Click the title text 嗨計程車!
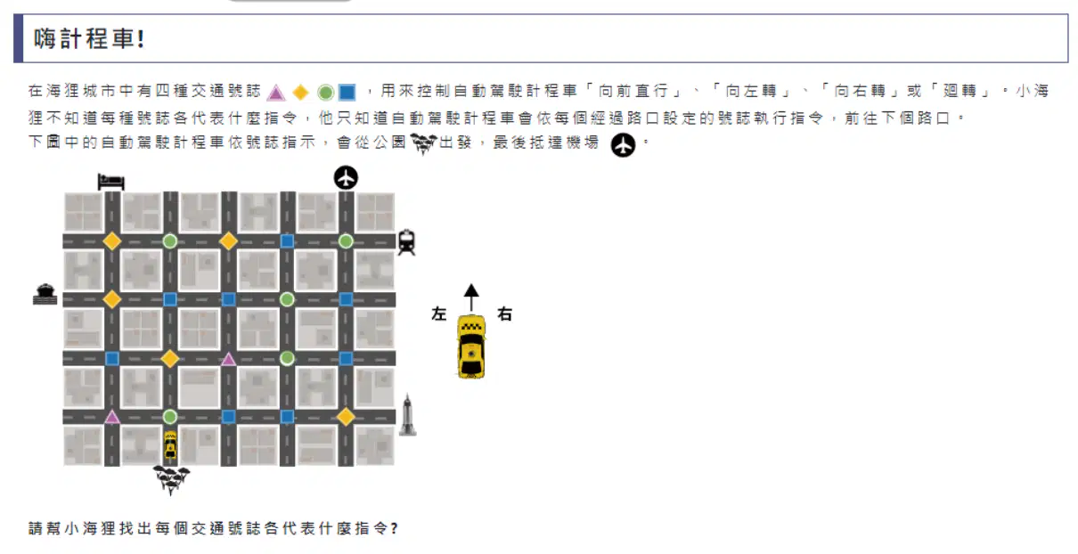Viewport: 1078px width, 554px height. pyautogui.click(x=89, y=38)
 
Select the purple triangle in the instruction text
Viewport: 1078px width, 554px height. pyautogui.click(x=276, y=93)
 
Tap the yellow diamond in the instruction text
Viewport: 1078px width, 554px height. pyautogui.click(x=301, y=92)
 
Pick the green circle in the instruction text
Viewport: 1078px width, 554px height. pyautogui.click(x=325, y=93)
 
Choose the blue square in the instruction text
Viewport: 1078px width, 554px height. pyautogui.click(x=347, y=92)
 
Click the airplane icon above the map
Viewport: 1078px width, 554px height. pyautogui.click(x=346, y=177)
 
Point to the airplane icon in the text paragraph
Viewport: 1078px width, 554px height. pyautogui.click(x=624, y=144)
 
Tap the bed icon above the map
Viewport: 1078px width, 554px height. pyautogui.click(x=111, y=182)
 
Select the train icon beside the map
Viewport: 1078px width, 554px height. pyautogui.click(x=406, y=241)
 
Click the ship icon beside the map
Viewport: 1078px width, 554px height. pyautogui.click(x=45, y=294)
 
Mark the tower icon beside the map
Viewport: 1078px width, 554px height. pyautogui.click(x=408, y=415)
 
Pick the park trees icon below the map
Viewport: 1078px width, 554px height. pyautogui.click(x=171, y=479)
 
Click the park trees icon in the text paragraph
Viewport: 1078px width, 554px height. pyautogui.click(x=423, y=143)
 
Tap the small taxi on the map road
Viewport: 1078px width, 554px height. pyautogui.click(x=170, y=444)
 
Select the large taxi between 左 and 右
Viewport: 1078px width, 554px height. pyautogui.click(x=471, y=346)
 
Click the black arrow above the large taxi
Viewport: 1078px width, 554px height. pyautogui.click(x=471, y=297)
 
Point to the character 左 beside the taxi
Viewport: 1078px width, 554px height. pyautogui.click(x=439, y=314)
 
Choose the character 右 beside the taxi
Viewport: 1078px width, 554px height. pyautogui.click(x=504, y=314)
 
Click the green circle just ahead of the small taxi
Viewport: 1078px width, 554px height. pyautogui.click(x=170, y=416)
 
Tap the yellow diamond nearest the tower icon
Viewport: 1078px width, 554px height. pyautogui.click(x=346, y=417)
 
